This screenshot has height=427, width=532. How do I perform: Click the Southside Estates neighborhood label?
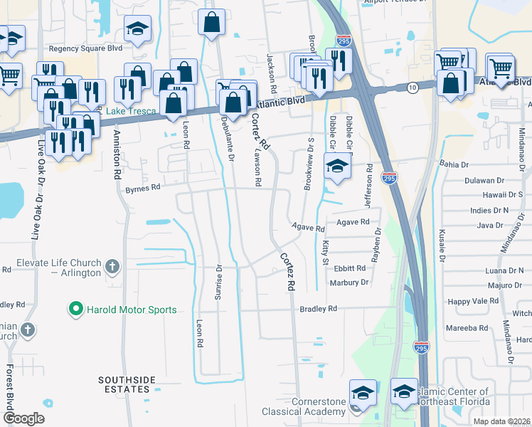click(x=126, y=385)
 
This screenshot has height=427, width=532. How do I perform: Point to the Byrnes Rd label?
click(x=143, y=189)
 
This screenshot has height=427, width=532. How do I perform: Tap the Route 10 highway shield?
click(x=413, y=87)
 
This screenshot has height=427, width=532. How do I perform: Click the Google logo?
click(x=23, y=418)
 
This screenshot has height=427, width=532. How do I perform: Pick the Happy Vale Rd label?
click(x=473, y=302)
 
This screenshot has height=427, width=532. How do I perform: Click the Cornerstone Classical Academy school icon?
click(x=361, y=392)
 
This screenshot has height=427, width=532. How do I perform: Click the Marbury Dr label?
click(x=349, y=283)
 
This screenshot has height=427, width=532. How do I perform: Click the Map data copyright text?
click(x=502, y=421)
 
